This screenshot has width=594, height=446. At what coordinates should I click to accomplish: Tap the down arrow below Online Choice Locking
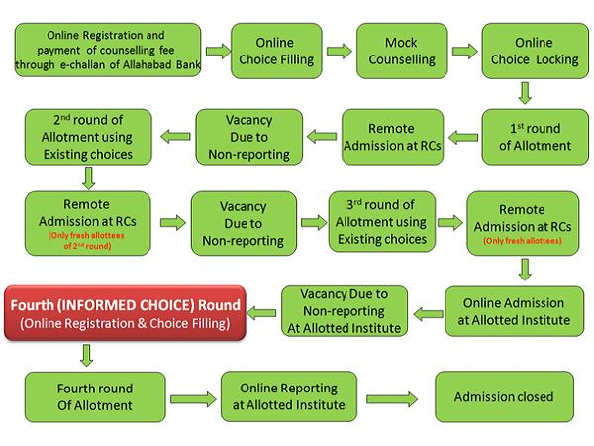click(x=526, y=94)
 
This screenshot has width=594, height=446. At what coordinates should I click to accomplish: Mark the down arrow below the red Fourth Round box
click(x=88, y=354)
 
